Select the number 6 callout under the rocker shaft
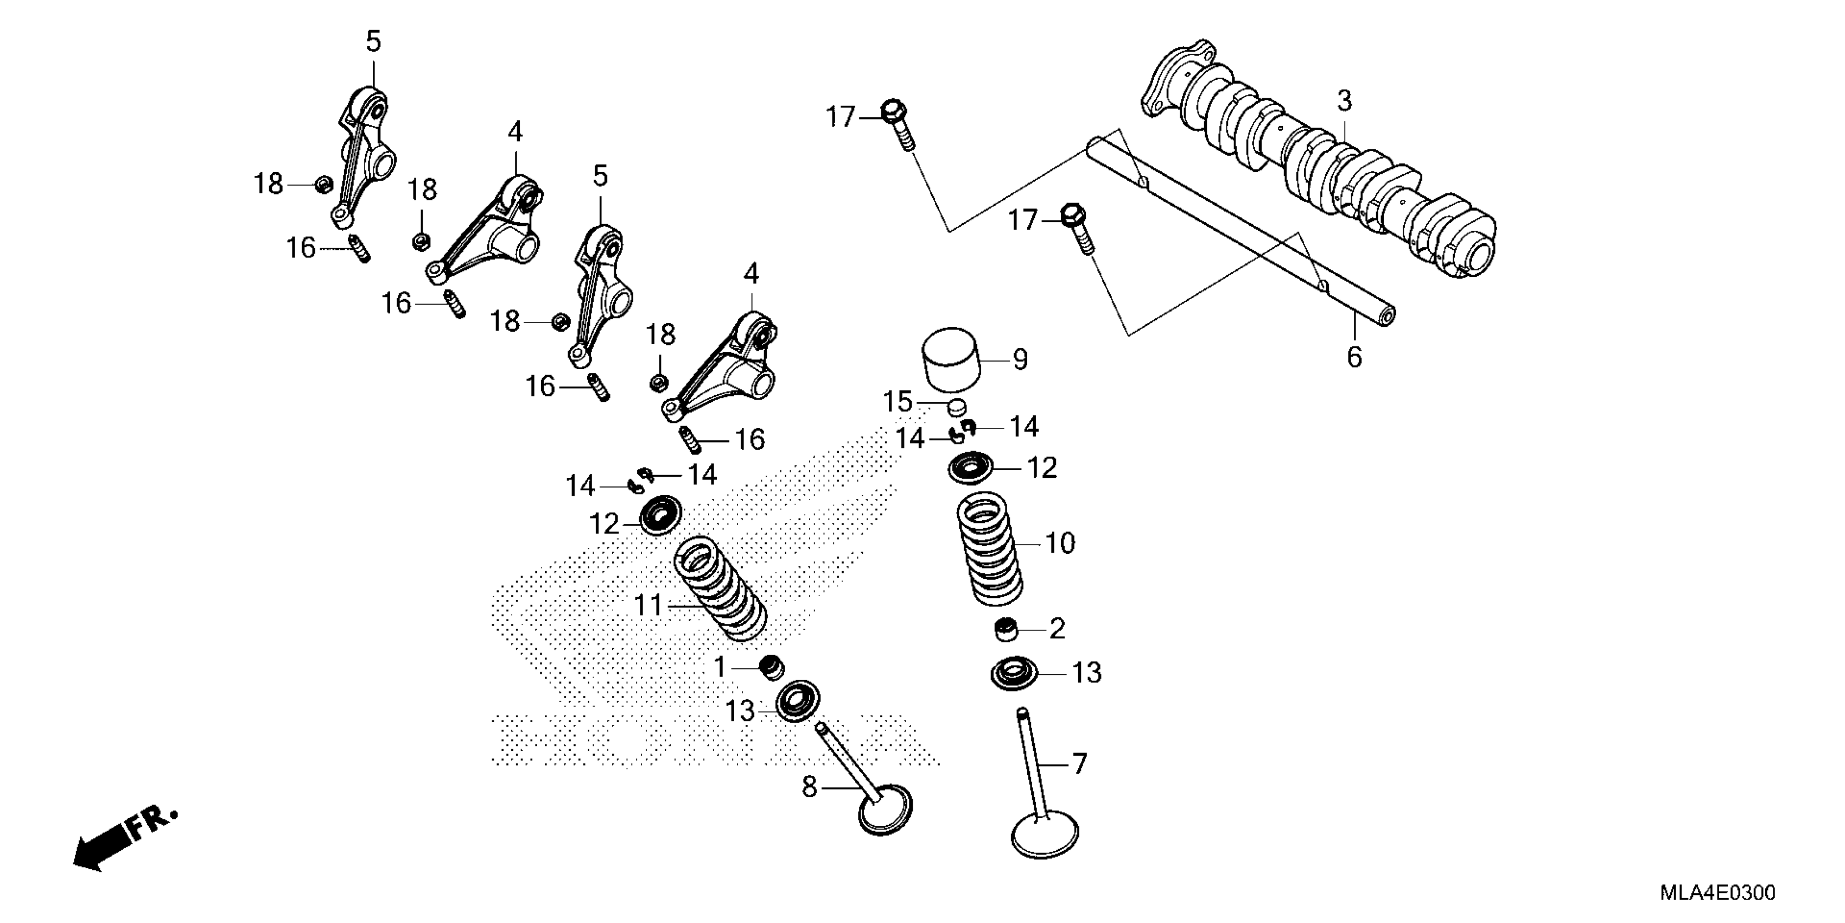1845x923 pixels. point(1354,357)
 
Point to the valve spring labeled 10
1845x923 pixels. point(990,549)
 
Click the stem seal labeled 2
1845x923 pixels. point(1007,629)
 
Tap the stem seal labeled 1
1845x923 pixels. point(772,668)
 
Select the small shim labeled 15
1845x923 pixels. point(957,408)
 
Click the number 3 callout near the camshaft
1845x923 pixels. point(1344,101)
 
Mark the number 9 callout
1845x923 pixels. point(1021,359)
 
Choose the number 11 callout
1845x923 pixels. point(649,605)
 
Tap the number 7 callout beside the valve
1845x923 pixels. point(1079,764)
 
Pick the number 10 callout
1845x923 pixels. point(1060,543)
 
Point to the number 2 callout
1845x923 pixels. point(1057,629)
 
